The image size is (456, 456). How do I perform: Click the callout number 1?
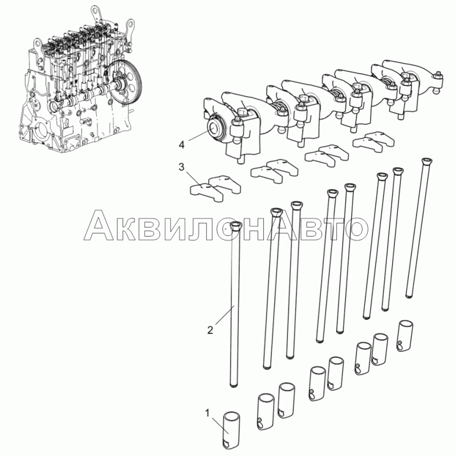(x=207, y=413)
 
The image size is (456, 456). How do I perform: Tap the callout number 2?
(x=210, y=330)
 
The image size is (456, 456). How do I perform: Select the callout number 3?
(x=181, y=167)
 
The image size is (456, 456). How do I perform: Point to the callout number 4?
(x=181, y=145)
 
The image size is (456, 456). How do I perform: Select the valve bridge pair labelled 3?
(x=215, y=188)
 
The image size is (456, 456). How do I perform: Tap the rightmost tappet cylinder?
(x=405, y=336)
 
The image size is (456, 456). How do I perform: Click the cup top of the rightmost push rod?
(x=427, y=161)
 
